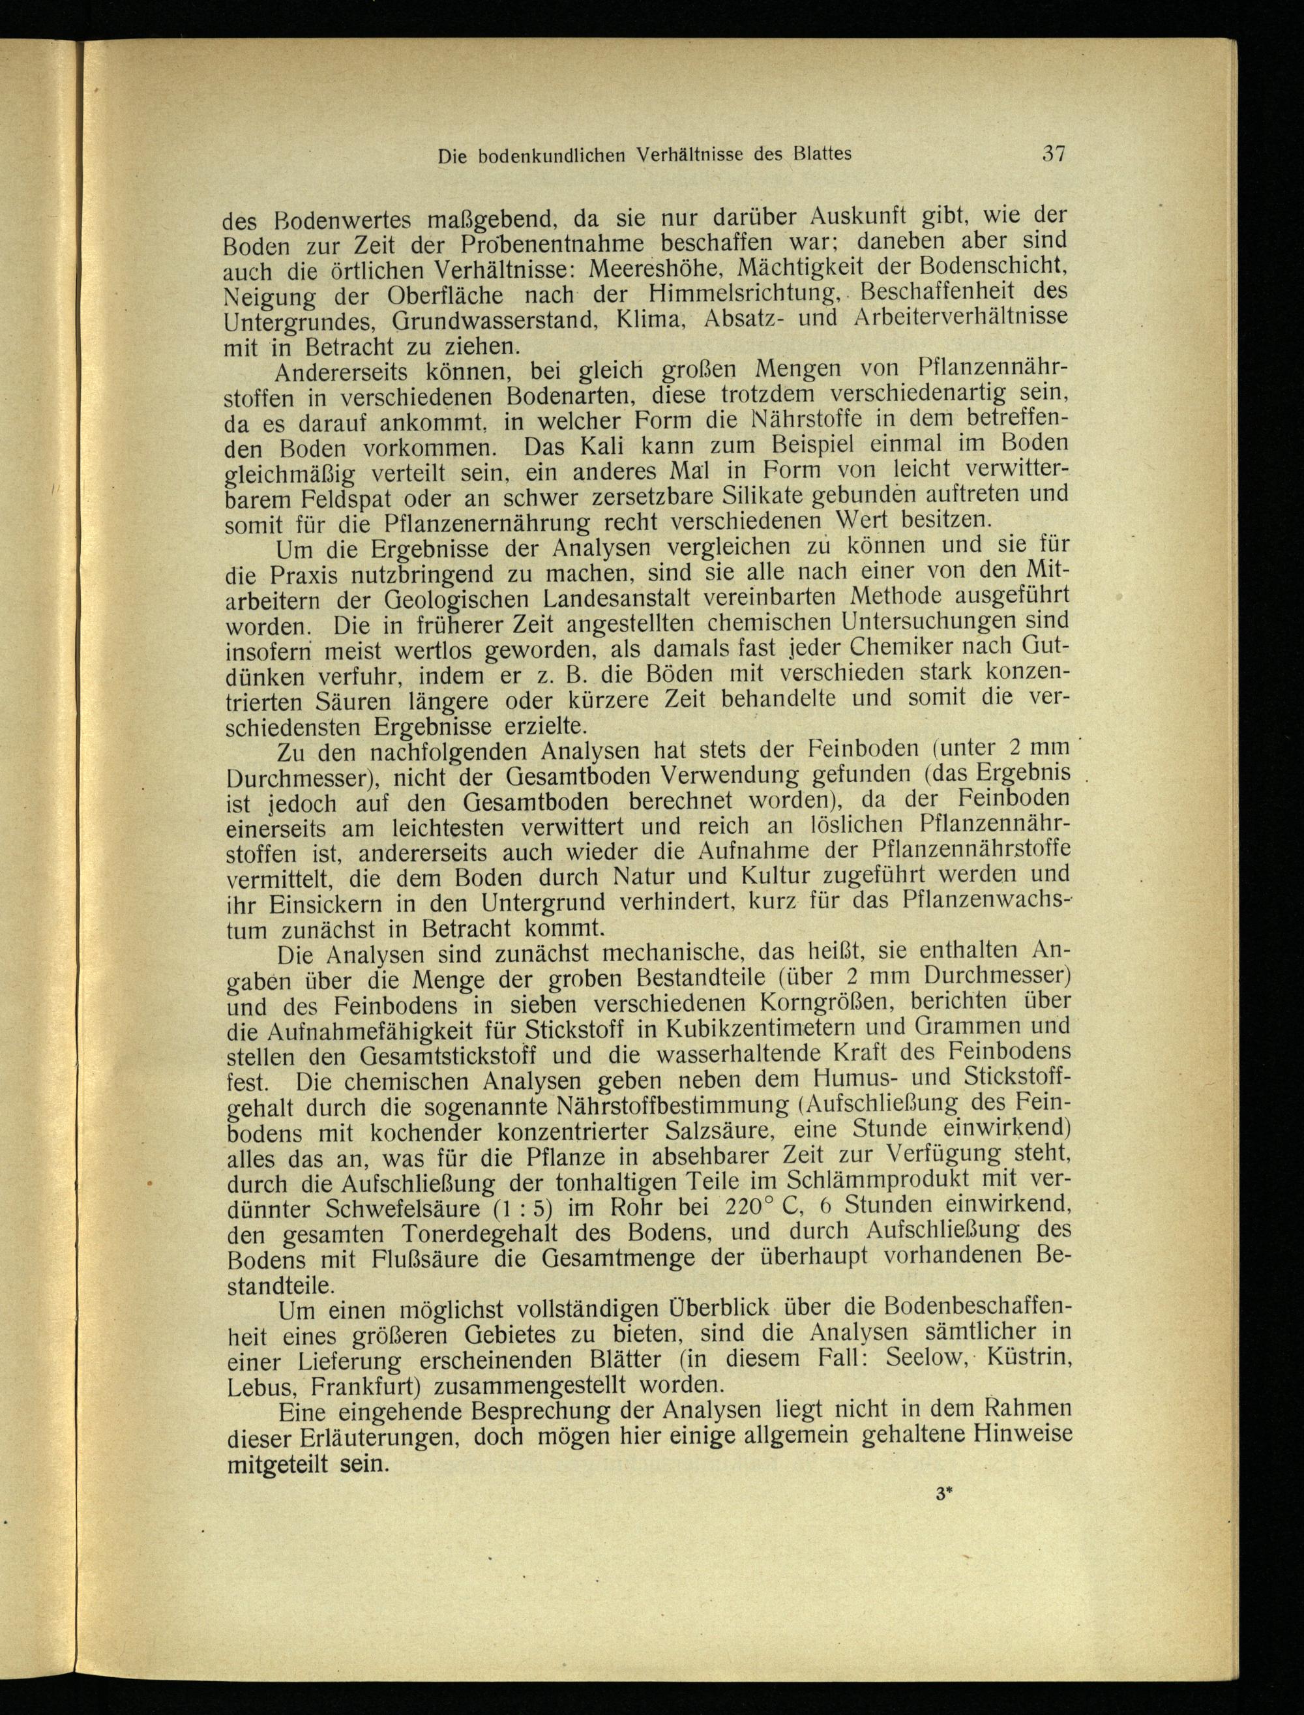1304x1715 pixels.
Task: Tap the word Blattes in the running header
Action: click(x=822, y=153)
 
